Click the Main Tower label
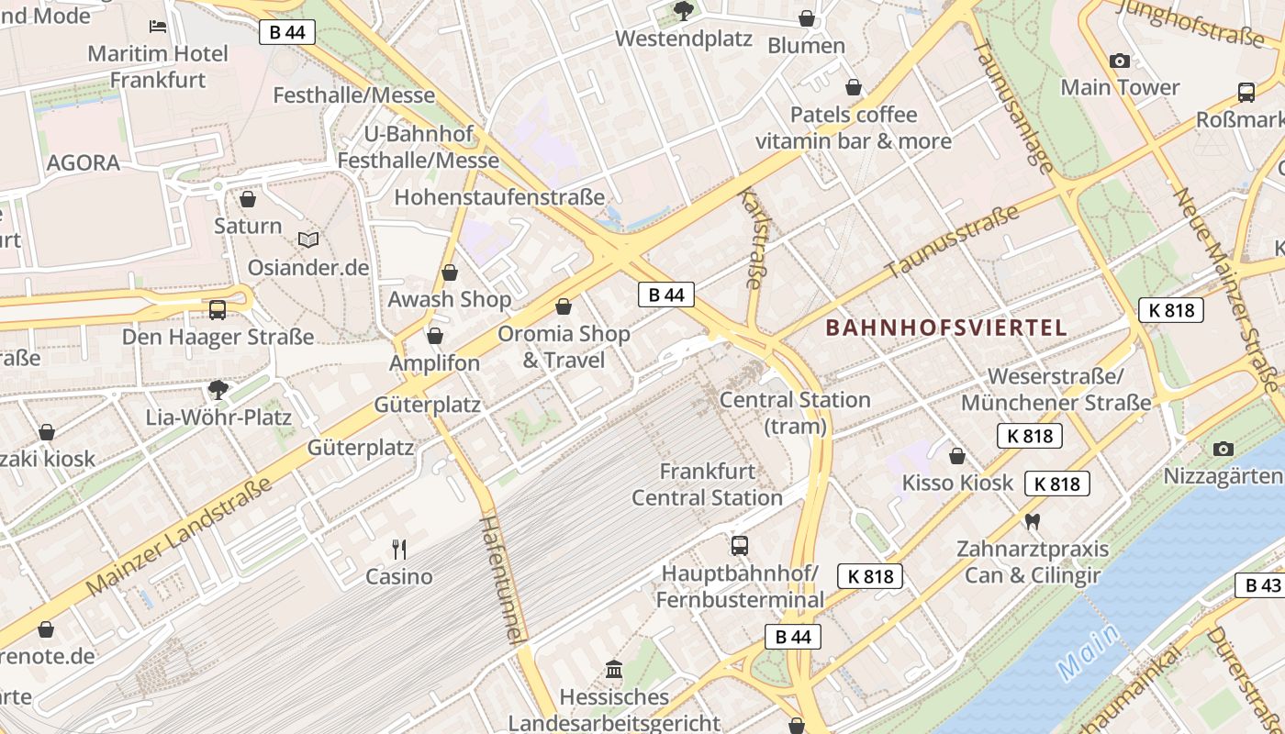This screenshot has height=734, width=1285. click(1120, 87)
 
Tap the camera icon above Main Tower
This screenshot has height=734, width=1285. click(1120, 61)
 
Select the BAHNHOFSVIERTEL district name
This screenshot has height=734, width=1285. click(945, 328)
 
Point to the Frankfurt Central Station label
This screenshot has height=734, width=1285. click(707, 484)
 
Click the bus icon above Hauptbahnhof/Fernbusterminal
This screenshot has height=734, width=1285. click(740, 546)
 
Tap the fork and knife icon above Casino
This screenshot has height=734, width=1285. click(399, 550)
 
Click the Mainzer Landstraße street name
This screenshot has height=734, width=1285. click(180, 535)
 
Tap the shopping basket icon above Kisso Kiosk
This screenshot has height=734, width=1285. click(957, 456)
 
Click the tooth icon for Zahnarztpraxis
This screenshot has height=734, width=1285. click(1033, 522)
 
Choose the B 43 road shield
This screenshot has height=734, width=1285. click(1263, 585)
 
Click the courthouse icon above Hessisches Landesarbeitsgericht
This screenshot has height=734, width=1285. click(614, 669)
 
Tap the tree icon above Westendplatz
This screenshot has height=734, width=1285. click(683, 11)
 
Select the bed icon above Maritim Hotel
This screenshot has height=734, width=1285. click(158, 27)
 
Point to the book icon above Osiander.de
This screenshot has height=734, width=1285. click(308, 239)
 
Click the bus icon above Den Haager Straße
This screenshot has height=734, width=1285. click(218, 309)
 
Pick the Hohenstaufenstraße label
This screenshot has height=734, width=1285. click(499, 197)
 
